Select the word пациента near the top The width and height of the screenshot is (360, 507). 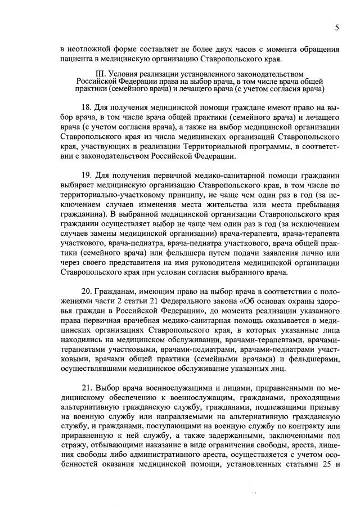tap(78, 60)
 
